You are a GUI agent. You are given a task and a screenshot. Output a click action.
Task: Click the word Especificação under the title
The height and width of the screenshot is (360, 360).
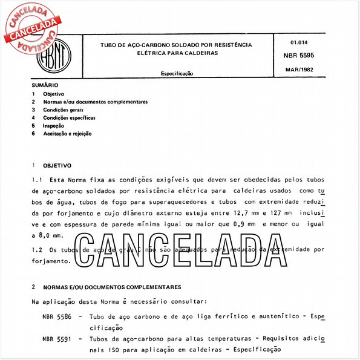click(x=177, y=73)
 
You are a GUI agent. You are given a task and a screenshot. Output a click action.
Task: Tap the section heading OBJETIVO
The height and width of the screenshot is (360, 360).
click(x=57, y=165)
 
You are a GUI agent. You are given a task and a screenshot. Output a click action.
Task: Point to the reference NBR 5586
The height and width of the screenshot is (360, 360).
click(x=56, y=316)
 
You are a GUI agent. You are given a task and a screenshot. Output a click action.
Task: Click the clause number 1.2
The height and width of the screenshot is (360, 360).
click(x=36, y=249)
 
